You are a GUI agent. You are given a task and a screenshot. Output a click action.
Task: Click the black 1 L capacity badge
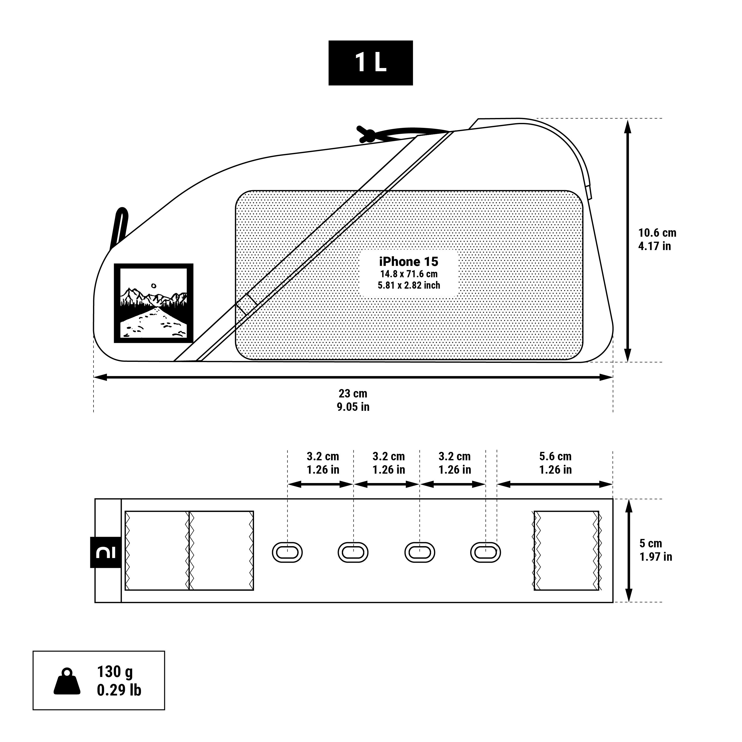[x=370, y=63]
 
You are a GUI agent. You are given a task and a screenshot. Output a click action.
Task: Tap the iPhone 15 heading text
[x=408, y=261]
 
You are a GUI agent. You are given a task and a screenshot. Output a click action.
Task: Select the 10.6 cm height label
[x=657, y=233]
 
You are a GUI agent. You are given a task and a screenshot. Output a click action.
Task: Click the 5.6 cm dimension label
[x=555, y=456]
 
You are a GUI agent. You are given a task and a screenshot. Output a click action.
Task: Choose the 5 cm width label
[x=650, y=543]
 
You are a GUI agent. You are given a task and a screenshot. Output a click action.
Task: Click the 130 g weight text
[x=115, y=672]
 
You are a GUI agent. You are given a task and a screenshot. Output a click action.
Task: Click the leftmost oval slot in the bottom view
[x=287, y=553]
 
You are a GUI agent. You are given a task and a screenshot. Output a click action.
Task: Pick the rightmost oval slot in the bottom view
[x=486, y=553]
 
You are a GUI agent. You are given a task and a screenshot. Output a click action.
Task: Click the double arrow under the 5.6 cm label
[x=555, y=484]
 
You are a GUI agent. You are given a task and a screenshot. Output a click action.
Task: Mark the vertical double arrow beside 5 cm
[x=629, y=550]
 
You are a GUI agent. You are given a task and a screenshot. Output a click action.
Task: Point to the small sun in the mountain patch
[x=154, y=286]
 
